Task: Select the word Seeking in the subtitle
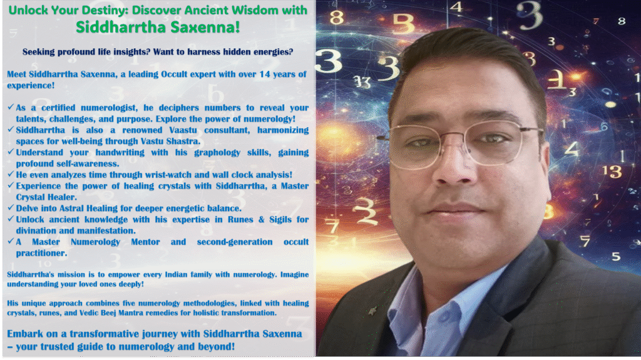(38, 52)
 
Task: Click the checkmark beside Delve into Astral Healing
(11, 207)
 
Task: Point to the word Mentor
(145, 242)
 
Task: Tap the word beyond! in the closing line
(217, 346)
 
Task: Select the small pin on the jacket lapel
(372, 312)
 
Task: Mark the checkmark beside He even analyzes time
(11, 173)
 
